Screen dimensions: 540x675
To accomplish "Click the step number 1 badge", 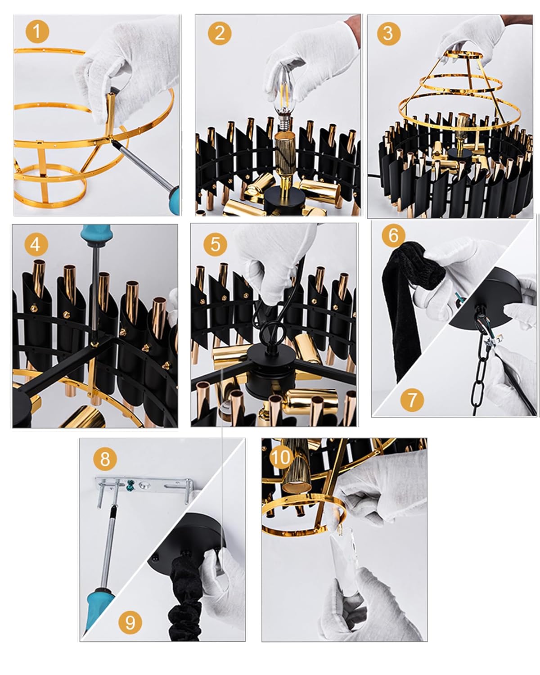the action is click(37, 31).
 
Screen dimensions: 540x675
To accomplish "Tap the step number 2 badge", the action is click(219, 33).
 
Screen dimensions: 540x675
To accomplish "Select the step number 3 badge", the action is click(388, 33).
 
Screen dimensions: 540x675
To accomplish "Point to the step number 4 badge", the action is click(36, 244).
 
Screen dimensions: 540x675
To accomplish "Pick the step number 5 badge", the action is click(215, 244).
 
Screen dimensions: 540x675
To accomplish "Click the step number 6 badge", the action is click(393, 235).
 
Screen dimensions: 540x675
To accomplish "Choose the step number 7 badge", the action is click(412, 400).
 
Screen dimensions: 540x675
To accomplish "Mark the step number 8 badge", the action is click(105, 459).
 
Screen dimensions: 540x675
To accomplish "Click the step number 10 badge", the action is click(281, 457).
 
